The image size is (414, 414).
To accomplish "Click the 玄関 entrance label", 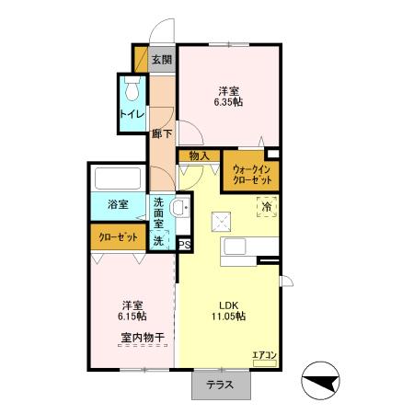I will point(162,60).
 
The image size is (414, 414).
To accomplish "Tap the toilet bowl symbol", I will point(132,91).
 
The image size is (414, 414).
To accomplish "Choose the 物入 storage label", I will point(200,156).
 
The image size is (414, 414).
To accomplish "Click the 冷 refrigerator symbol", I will point(266,207).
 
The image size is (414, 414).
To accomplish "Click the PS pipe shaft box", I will point(184,245).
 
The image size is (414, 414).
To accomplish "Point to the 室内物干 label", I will point(142,338).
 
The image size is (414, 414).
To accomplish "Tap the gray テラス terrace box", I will point(219,385).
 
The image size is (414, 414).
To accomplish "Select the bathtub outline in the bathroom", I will point(118,178).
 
